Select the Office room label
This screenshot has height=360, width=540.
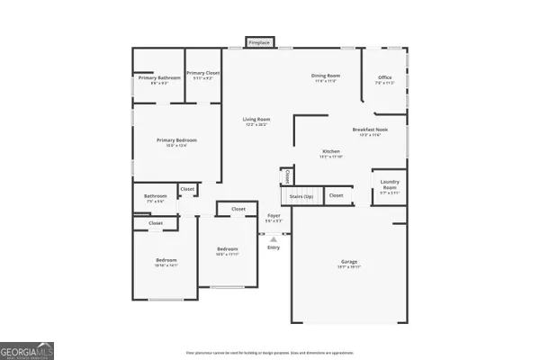point(383,78)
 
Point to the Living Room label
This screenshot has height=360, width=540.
point(256,120)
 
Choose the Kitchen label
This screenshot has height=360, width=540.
point(331,152)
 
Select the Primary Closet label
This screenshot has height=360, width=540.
point(202,75)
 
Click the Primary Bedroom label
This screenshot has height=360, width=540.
point(176,141)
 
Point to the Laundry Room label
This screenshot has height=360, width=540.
point(389,186)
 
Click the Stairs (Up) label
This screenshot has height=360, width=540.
point(301,195)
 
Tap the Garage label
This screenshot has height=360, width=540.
point(349,264)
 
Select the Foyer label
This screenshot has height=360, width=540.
point(274,217)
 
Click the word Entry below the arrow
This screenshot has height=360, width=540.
point(274,247)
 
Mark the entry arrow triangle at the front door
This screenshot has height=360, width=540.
point(274,238)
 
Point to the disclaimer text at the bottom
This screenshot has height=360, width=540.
point(270,352)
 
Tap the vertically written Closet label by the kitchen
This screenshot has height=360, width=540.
point(287,176)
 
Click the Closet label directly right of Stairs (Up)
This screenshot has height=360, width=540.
point(335,195)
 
